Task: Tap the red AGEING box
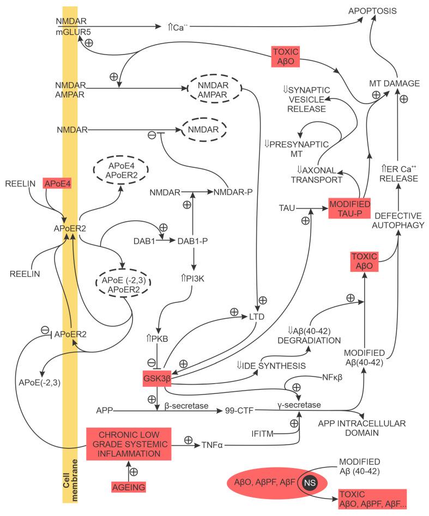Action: (129, 487)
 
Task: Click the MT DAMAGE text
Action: (394, 83)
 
